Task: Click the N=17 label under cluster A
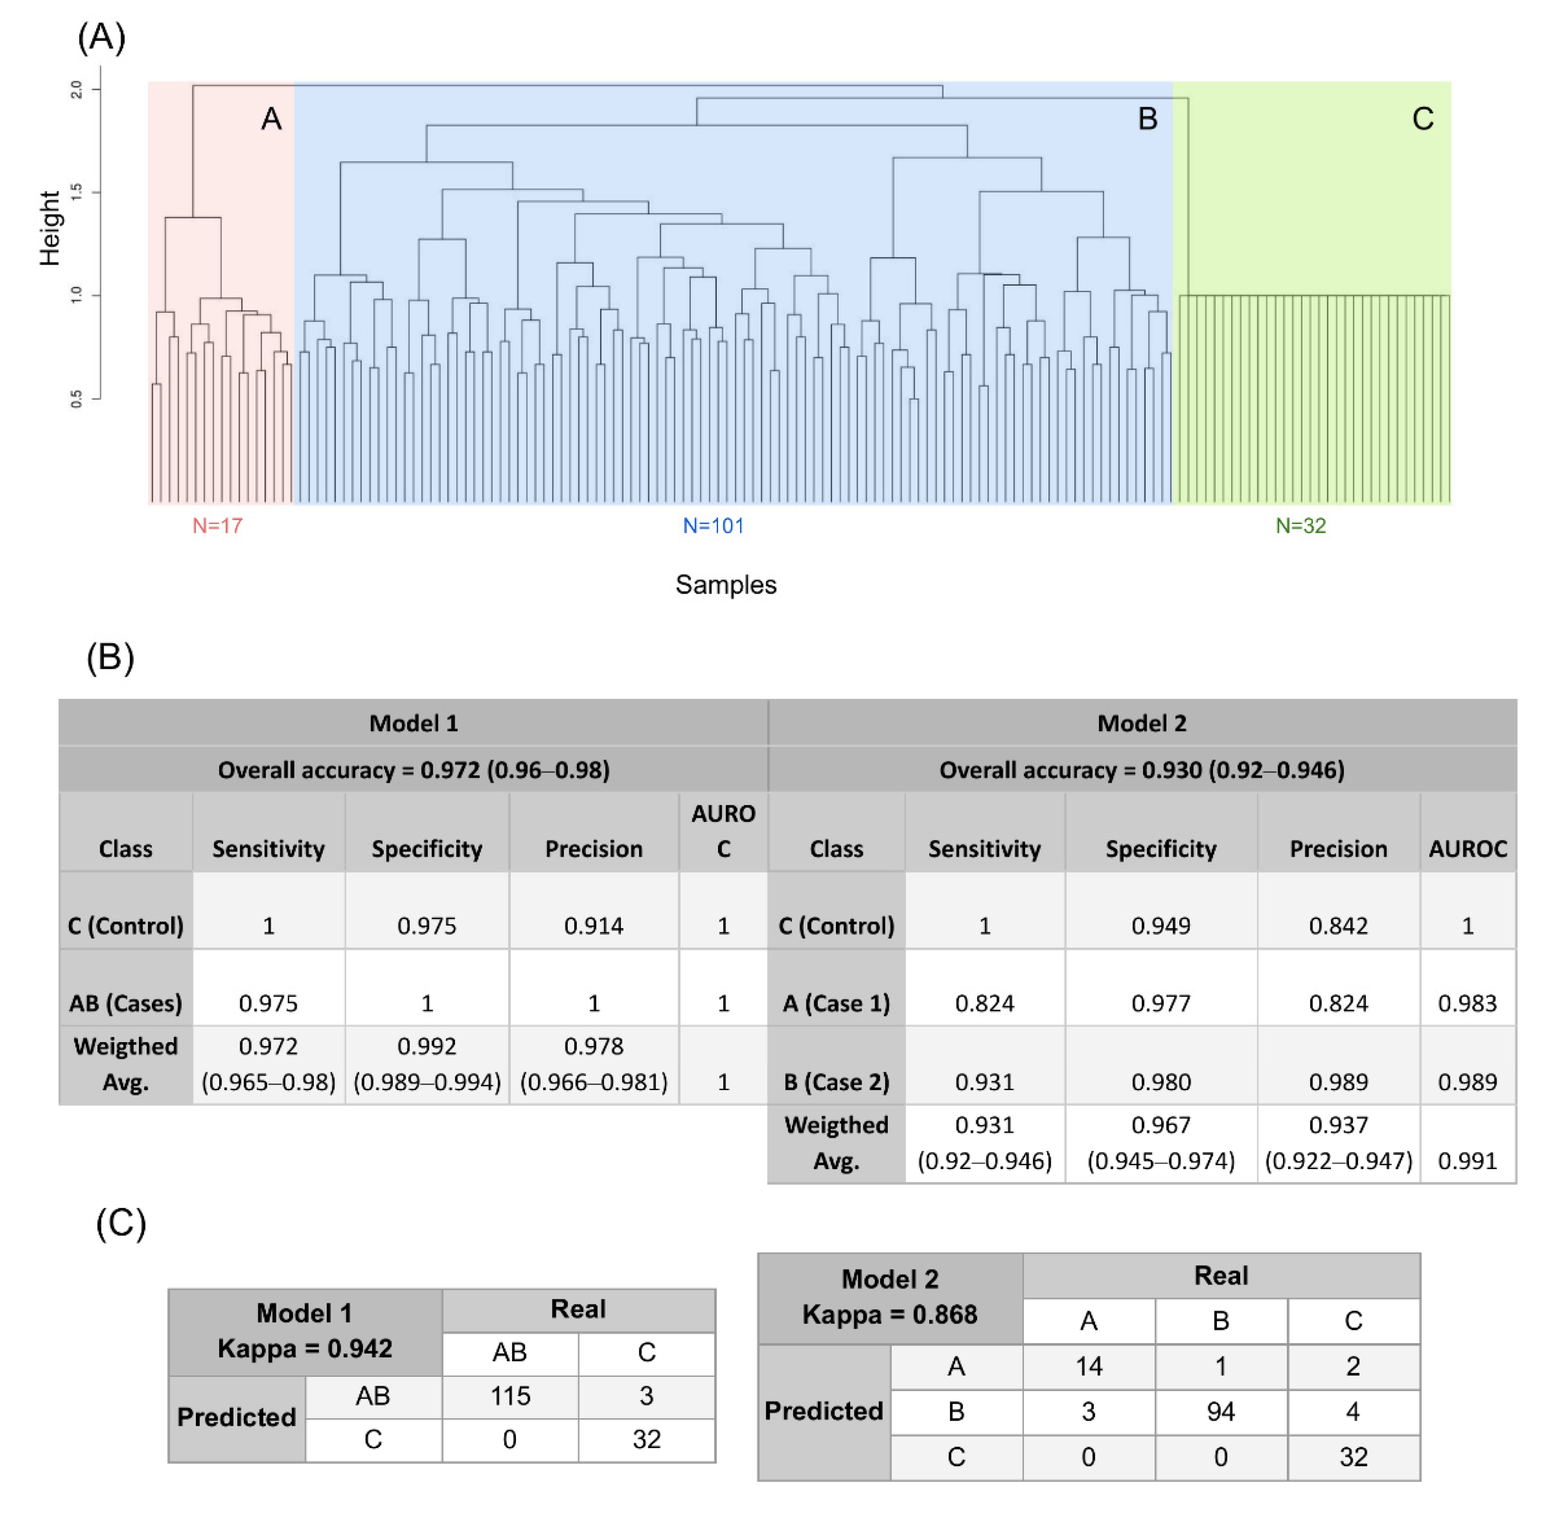217,526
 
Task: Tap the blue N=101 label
713,526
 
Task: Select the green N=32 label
1301,526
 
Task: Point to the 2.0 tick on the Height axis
77,88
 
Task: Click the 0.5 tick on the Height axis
77,398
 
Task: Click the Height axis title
49,228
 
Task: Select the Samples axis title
726,585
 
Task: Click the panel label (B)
110,658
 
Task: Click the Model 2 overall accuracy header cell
1142,770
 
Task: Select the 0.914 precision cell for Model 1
593,926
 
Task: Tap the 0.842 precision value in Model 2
1338,926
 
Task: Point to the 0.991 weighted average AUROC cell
1467,1161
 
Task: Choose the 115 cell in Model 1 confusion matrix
510,1395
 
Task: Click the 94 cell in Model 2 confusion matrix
1221,1411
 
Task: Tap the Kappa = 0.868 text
890,1314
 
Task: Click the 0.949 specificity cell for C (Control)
1161,926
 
